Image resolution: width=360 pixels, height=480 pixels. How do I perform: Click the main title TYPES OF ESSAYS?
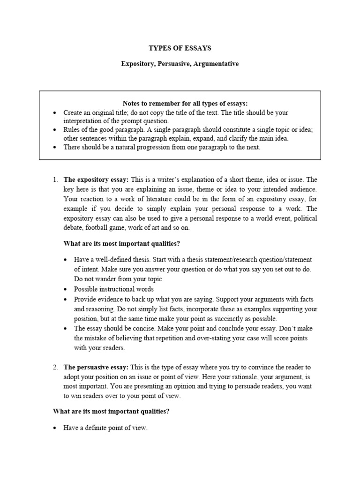pyautogui.click(x=180, y=48)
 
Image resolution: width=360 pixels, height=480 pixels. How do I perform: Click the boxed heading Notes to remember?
pyautogui.click(x=185, y=103)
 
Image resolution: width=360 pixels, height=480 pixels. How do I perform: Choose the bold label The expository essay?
pyautogui.click(x=96, y=180)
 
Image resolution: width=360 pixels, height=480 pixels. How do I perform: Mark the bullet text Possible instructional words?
pyautogui.click(x=113, y=289)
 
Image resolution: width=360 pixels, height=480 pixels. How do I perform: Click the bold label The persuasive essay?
pyautogui.click(x=96, y=367)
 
